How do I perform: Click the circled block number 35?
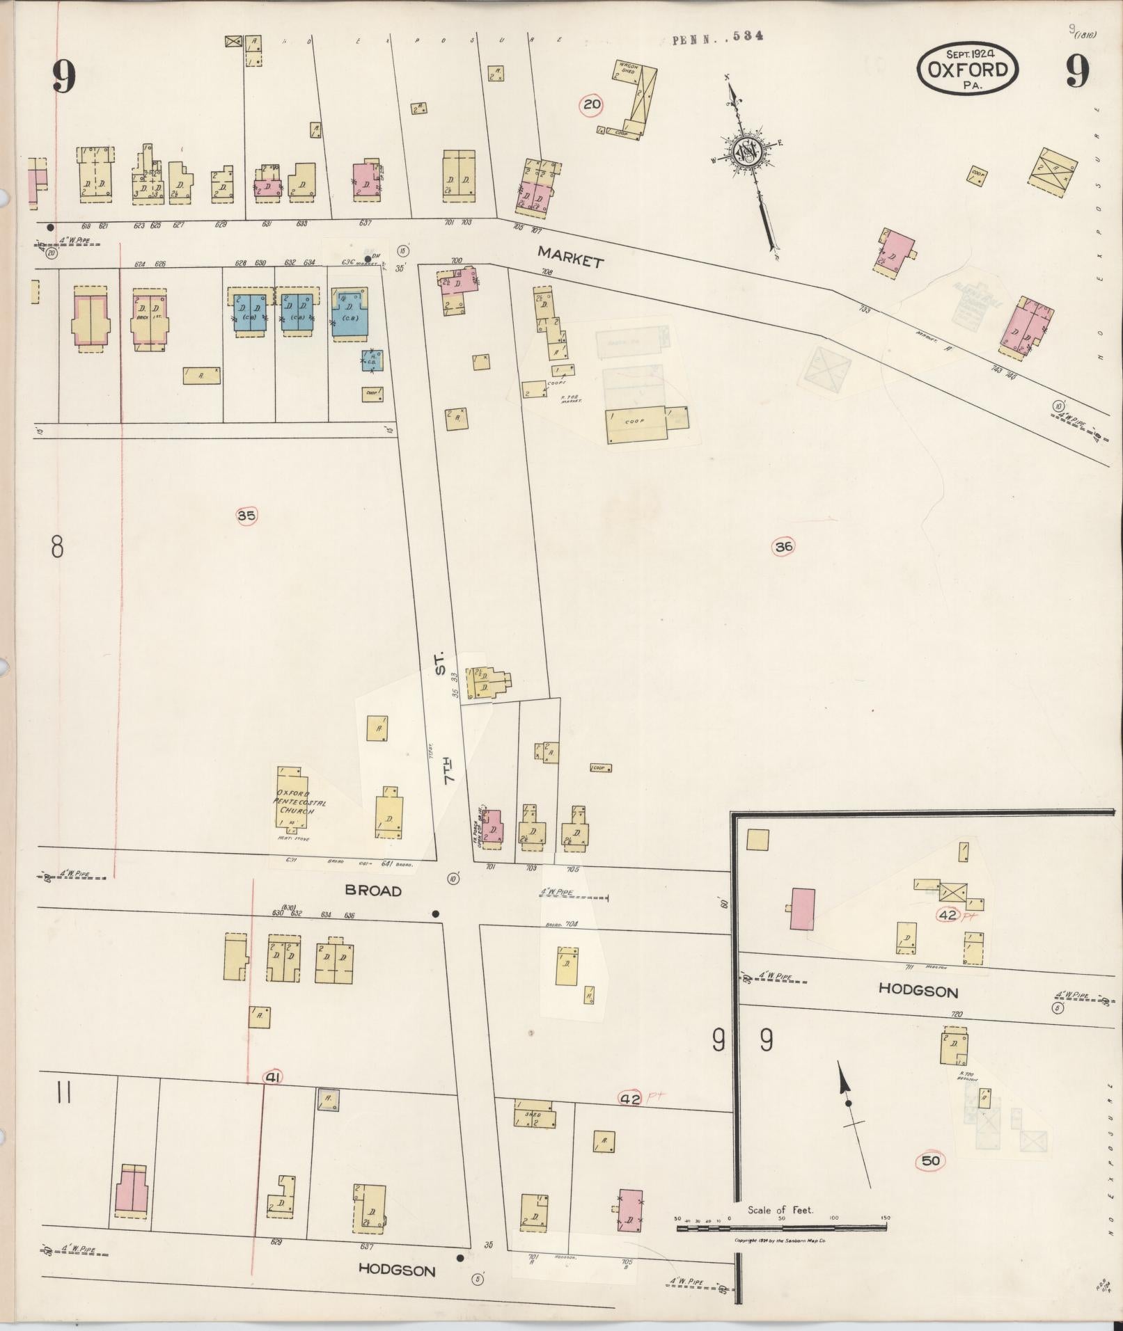point(246,516)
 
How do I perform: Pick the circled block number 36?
point(783,546)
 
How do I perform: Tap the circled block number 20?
point(591,105)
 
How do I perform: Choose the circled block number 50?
point(931,1161)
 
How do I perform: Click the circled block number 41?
point(272,1077)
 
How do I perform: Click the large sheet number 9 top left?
point(63,75)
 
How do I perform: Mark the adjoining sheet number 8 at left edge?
point(57,547)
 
